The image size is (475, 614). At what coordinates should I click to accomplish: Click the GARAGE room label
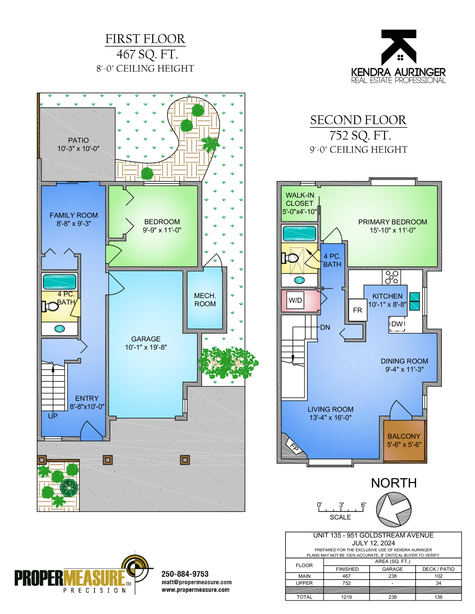click(x=146, y=339)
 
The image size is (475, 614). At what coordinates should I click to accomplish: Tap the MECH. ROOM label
click(x=205, y=300)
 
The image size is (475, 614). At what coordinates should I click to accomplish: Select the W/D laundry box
click(x=295, y=300)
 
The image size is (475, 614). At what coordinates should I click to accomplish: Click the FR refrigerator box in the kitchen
click(x=357, y=310)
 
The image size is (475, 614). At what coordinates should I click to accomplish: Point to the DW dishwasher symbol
click(x=397, y=324)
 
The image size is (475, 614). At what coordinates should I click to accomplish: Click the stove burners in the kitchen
click(x=391, y=277)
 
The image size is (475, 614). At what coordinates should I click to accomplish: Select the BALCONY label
click(x=404, y=436)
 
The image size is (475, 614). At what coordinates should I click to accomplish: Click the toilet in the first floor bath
click(x=50, y=306)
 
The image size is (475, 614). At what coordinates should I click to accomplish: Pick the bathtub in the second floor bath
click(x=299, y=233)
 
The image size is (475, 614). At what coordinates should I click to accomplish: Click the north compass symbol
click(x=394, y=509)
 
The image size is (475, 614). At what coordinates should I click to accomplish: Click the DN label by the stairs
click(x=325, y=327)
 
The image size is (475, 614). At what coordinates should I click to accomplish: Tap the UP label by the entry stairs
click(x=53, y=416)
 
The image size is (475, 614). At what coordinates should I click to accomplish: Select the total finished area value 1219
click(x=346, y=597)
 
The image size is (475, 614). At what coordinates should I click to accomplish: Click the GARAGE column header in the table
click(x=392, y=569)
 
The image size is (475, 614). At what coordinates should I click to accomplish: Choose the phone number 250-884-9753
click(x=185, y=574)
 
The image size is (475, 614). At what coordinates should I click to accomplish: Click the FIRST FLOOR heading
click(x=145, y=39)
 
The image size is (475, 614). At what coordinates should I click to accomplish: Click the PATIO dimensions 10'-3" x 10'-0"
click(x=78, y=149)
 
